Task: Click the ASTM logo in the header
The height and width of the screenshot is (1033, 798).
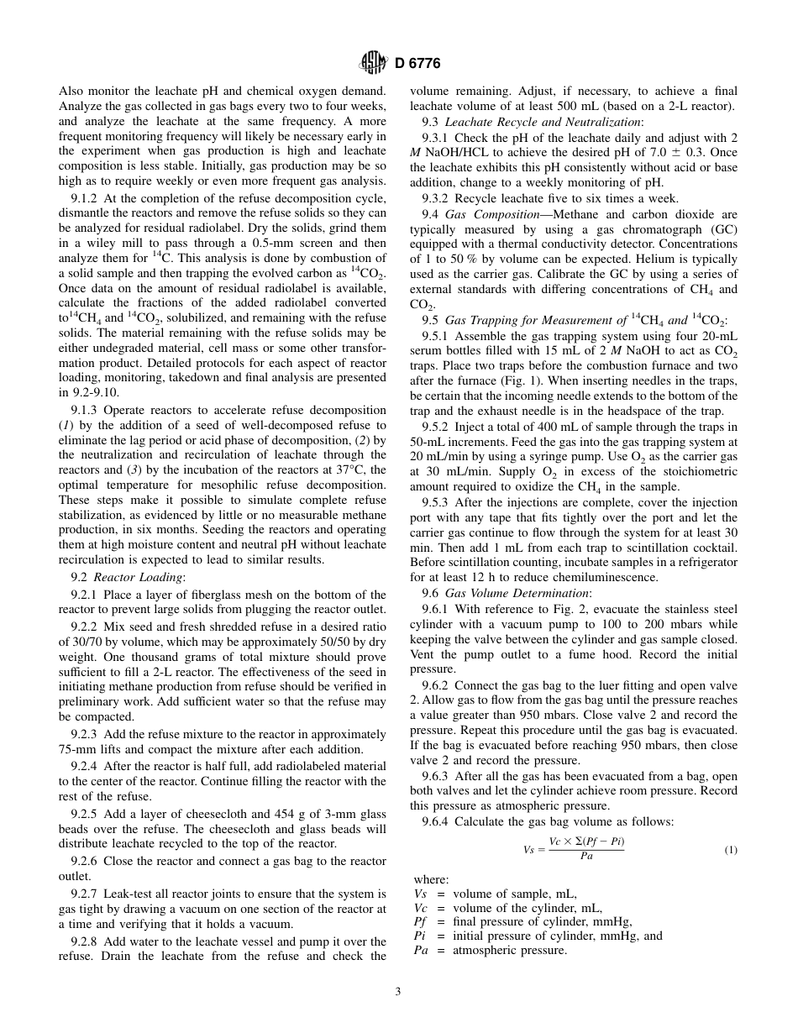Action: (x=371, y=62)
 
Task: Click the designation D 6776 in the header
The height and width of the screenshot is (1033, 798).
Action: (x=417, y=63)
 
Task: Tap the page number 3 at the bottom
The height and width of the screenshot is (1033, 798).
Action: (x=398, y=991)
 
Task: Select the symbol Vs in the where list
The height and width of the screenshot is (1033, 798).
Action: (x=422, y=894)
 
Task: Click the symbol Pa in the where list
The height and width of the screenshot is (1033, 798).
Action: (x=422, y=950)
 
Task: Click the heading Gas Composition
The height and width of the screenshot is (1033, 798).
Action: (x=491, y=214)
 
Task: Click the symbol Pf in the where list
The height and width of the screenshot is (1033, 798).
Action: (x=422, y=921)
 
